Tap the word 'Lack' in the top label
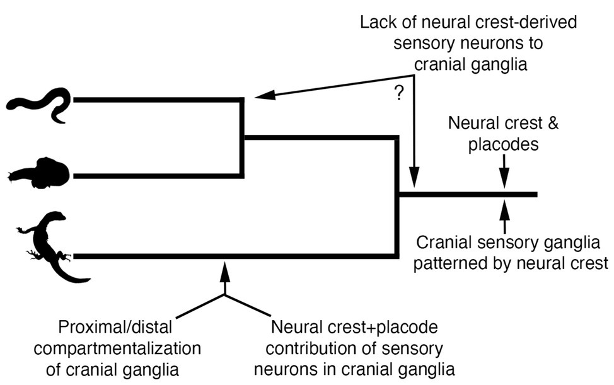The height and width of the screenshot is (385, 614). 378,23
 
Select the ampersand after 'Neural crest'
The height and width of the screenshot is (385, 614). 535,124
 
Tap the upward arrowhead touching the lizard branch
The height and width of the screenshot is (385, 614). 225,269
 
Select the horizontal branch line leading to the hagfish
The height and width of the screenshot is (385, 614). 158,99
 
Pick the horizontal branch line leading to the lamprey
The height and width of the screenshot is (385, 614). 158,175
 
